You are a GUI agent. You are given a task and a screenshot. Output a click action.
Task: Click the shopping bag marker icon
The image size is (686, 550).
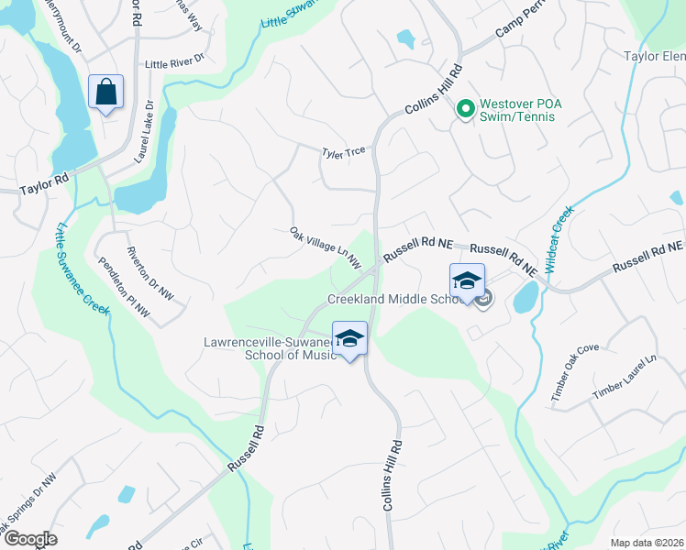click(x=105, y=93)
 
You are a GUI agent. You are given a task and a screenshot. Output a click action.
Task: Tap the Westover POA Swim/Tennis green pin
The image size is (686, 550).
click(x=465, y=108)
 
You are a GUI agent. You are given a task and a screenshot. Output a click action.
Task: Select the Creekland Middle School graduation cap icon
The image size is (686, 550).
click(x=466, y=281)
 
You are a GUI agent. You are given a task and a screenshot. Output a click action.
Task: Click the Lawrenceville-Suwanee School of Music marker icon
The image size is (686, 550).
click(x=349, y=339)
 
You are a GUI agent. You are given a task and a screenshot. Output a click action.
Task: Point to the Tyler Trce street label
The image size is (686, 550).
click(x=344, y=154)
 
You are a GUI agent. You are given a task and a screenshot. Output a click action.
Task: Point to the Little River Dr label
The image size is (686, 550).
click(x=174, y=64)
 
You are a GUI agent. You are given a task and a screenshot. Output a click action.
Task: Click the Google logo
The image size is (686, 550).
click(x=31, y=539)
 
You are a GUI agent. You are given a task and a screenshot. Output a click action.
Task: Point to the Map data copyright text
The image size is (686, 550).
click(x=647, y=543)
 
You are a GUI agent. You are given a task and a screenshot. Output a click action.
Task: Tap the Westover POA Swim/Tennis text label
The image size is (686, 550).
click(x=522, y=108)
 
